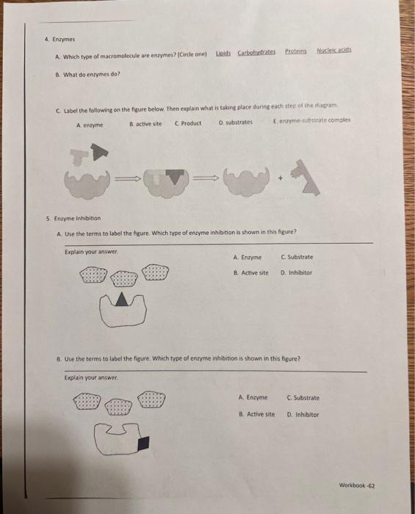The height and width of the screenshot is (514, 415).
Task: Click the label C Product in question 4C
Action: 188,123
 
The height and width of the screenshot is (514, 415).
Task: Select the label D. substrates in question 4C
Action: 236,123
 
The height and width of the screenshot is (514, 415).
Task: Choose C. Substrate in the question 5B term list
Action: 303,398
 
